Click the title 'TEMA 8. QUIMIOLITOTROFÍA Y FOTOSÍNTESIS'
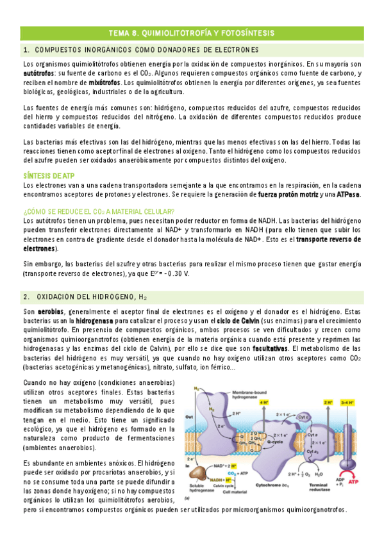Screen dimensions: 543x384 pos(192,31)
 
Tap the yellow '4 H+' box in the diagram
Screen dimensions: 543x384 pos(263,402)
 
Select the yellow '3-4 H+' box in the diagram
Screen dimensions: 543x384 pos(351,402)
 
